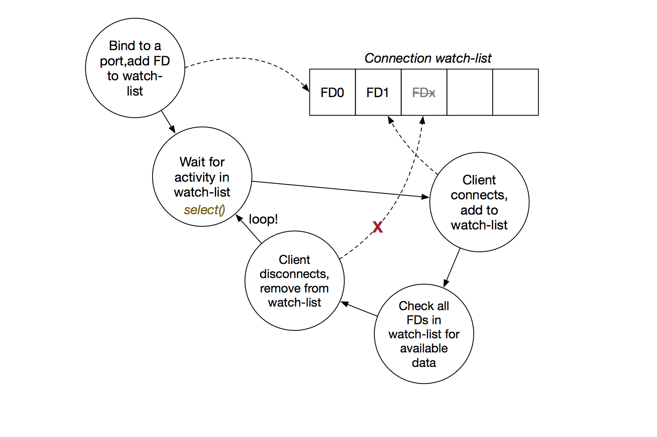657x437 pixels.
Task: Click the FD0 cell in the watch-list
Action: (x=332, y=92)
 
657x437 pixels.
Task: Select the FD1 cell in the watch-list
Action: (x=378, y=92)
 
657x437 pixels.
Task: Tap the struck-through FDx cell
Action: (x=424, y=92)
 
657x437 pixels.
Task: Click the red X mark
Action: (x=378, y=227)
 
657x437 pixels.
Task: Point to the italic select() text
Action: (x=204, y=210)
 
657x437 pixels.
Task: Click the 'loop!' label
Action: (x=263, y=219)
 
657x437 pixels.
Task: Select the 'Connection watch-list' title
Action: (x=428, y=58)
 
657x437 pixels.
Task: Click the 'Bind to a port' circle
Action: (x=135, y=68)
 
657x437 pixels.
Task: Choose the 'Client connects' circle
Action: (x=479, y=202)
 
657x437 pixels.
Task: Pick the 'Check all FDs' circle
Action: (x=424, y=334)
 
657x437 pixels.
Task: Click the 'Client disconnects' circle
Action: (x=294, y=281)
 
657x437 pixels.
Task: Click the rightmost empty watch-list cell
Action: (x=515, y=92)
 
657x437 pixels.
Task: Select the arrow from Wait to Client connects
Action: (x=340, y=189)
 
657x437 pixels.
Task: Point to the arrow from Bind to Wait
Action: (x=168, y=122)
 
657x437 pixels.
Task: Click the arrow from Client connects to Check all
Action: (x=452, y=268)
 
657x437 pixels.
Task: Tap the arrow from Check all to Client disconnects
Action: (x=359, y=309)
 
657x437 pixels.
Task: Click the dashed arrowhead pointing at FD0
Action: (x=306, y=87)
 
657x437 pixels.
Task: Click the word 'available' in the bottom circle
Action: (x=424, y=348)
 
